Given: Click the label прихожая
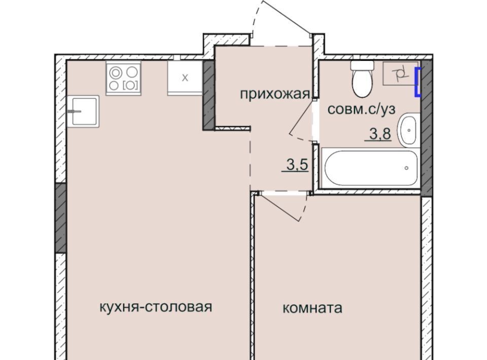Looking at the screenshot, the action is pos(275,93).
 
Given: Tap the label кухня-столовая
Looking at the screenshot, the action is pos(156,307).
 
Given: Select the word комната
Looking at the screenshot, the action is pos(312,308).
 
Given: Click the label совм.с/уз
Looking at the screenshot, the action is pos(362,109).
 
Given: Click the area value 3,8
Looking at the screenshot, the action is pos(380,134).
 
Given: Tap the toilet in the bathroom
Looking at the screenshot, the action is pos(362,79).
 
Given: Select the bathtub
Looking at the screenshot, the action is pos(370,168).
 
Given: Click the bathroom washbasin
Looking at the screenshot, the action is pos(409,130).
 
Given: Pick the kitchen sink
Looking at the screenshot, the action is pos(83,112).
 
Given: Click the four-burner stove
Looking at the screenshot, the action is pos(123,78).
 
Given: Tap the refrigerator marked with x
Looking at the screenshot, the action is pos(185,78).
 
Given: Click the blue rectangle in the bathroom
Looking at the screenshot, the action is pos(418,82).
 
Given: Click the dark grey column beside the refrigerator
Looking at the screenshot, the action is pos(208,95).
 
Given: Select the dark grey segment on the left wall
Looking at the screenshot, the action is pos(61,218).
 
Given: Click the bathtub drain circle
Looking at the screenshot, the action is pos(406,168).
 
